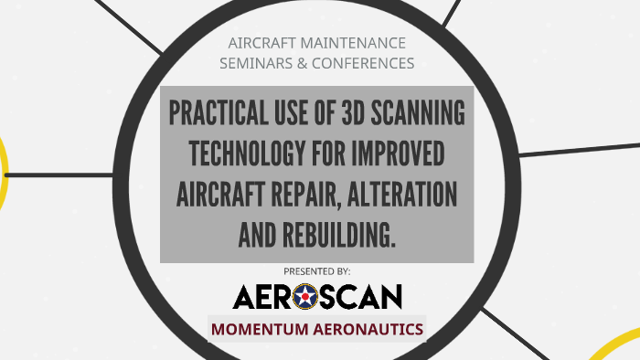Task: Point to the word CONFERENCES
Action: pyautogui.click(x=364, y=63)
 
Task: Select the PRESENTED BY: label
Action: pyautogui.click(x=316, y=271)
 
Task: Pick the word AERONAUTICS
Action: pyautogui.click(x=371, y=328)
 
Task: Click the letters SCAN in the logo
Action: pyautogui.click(x=362, y=295)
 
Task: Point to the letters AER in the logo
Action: pyautogui.click(x=263, y=295)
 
